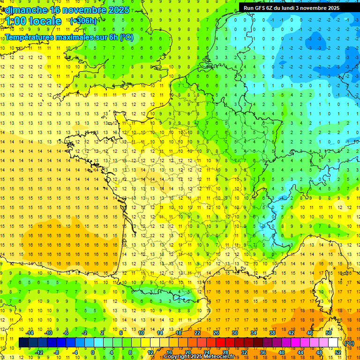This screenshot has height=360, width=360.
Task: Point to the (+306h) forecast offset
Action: point(83,21)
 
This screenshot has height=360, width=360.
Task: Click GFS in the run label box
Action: point(260,8)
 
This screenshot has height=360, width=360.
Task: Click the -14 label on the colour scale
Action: point(30,333)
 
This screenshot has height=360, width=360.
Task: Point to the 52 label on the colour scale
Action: point(338,352)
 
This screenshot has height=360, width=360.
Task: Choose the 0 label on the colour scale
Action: point(93,352)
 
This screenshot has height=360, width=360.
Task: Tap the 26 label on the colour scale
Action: point(216,333)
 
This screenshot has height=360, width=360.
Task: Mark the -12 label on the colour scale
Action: point(39,352)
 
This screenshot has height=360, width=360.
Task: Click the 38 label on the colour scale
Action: point(272,333)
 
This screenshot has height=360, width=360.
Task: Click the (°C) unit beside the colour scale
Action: point(349,343)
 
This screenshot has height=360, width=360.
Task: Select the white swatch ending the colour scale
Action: point(333,343)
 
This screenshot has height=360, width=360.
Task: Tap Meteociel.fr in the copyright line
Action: point(219,357)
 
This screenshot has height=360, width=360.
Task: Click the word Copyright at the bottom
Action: point(177,357)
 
